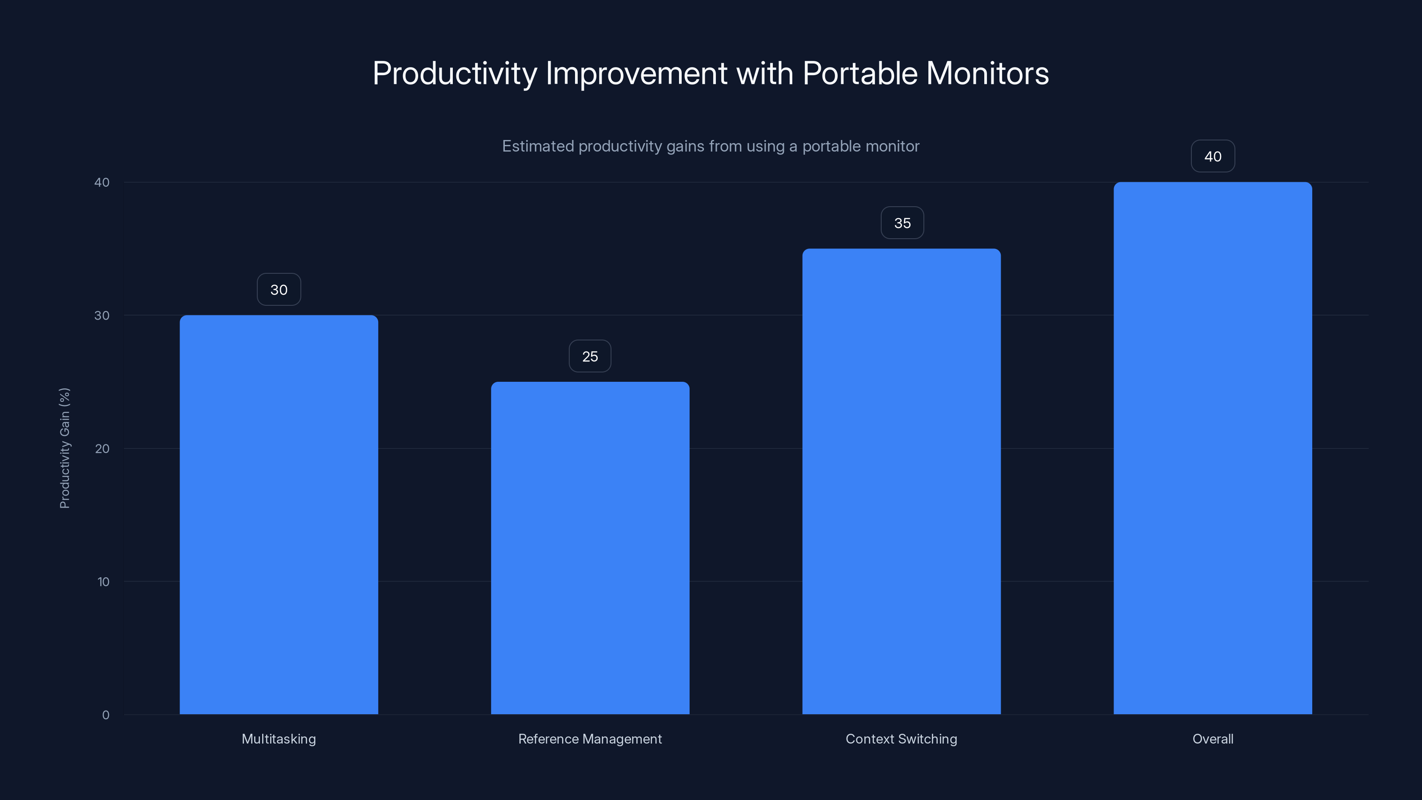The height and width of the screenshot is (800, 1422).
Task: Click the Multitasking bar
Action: point(279,514)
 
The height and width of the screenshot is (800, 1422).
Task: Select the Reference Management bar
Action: point(590,547)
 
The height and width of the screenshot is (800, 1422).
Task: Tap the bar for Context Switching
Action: point(902,481)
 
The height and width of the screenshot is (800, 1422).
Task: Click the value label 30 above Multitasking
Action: point(279,290)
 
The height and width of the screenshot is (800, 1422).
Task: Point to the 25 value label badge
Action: point(590,356)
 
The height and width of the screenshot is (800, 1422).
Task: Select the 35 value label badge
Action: point(902,223)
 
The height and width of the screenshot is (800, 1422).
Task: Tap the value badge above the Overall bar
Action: point(1213,157)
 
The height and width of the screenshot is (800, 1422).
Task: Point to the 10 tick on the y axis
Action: point(103,582)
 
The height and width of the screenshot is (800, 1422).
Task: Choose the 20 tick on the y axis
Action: point(102,449)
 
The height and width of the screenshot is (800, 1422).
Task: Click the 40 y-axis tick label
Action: point(102,183)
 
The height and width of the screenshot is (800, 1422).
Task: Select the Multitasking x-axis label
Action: point(279,739)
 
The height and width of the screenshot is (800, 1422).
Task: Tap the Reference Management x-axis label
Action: point(590,739)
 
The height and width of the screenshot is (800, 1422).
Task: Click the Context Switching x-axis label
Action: point(902,739)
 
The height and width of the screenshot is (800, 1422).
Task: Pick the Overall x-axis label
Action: point(1213,739)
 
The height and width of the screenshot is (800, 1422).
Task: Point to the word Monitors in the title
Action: point(987,73)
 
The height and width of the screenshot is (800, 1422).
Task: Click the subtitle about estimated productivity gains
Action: point(711,146)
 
